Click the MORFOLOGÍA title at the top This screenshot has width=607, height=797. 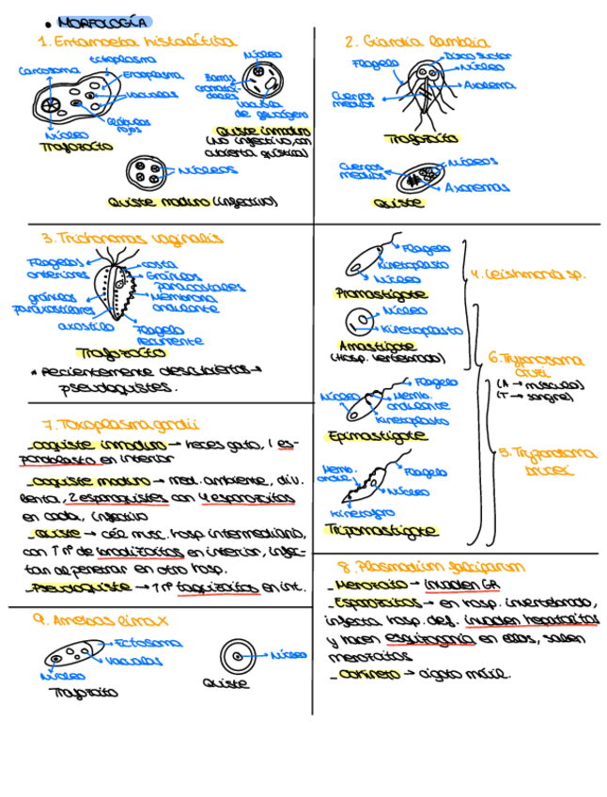coord(103,22)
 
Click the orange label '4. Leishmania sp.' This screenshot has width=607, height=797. coord(528,274)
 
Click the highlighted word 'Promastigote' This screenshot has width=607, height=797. coord(380,294)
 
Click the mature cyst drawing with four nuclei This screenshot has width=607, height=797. coord(146,173)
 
